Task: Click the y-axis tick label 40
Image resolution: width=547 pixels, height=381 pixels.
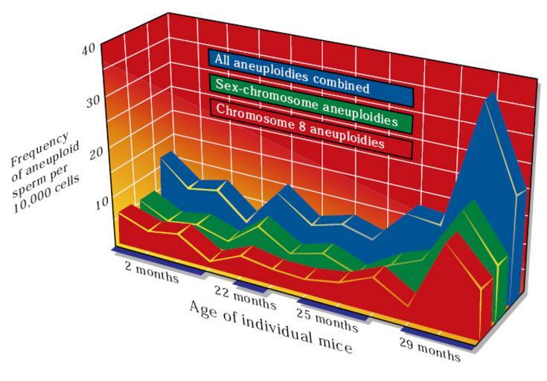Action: coord(89,49)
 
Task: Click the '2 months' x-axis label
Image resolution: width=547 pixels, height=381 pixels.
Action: coord(152,272)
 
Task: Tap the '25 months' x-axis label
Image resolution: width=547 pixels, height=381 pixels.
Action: coord(326,319)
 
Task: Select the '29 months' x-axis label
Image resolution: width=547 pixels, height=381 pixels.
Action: coord(430,348)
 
